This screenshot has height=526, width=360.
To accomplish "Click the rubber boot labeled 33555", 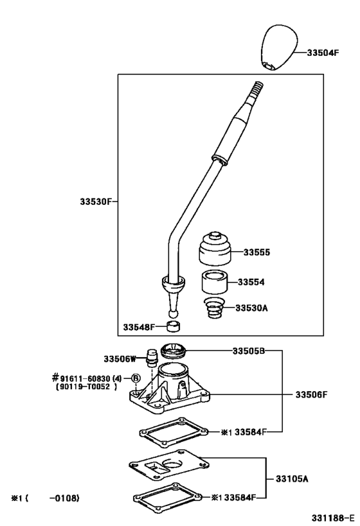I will [x=215, y=249].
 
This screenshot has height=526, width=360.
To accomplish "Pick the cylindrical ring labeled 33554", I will [x=214, y=283].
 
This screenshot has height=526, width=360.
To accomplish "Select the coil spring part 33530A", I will [x=215, y=307].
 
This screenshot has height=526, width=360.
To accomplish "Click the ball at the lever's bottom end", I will [x=172, y=313].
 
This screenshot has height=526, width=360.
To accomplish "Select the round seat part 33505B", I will [x=174, y=351].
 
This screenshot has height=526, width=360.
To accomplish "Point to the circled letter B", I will [x=136, y=378].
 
